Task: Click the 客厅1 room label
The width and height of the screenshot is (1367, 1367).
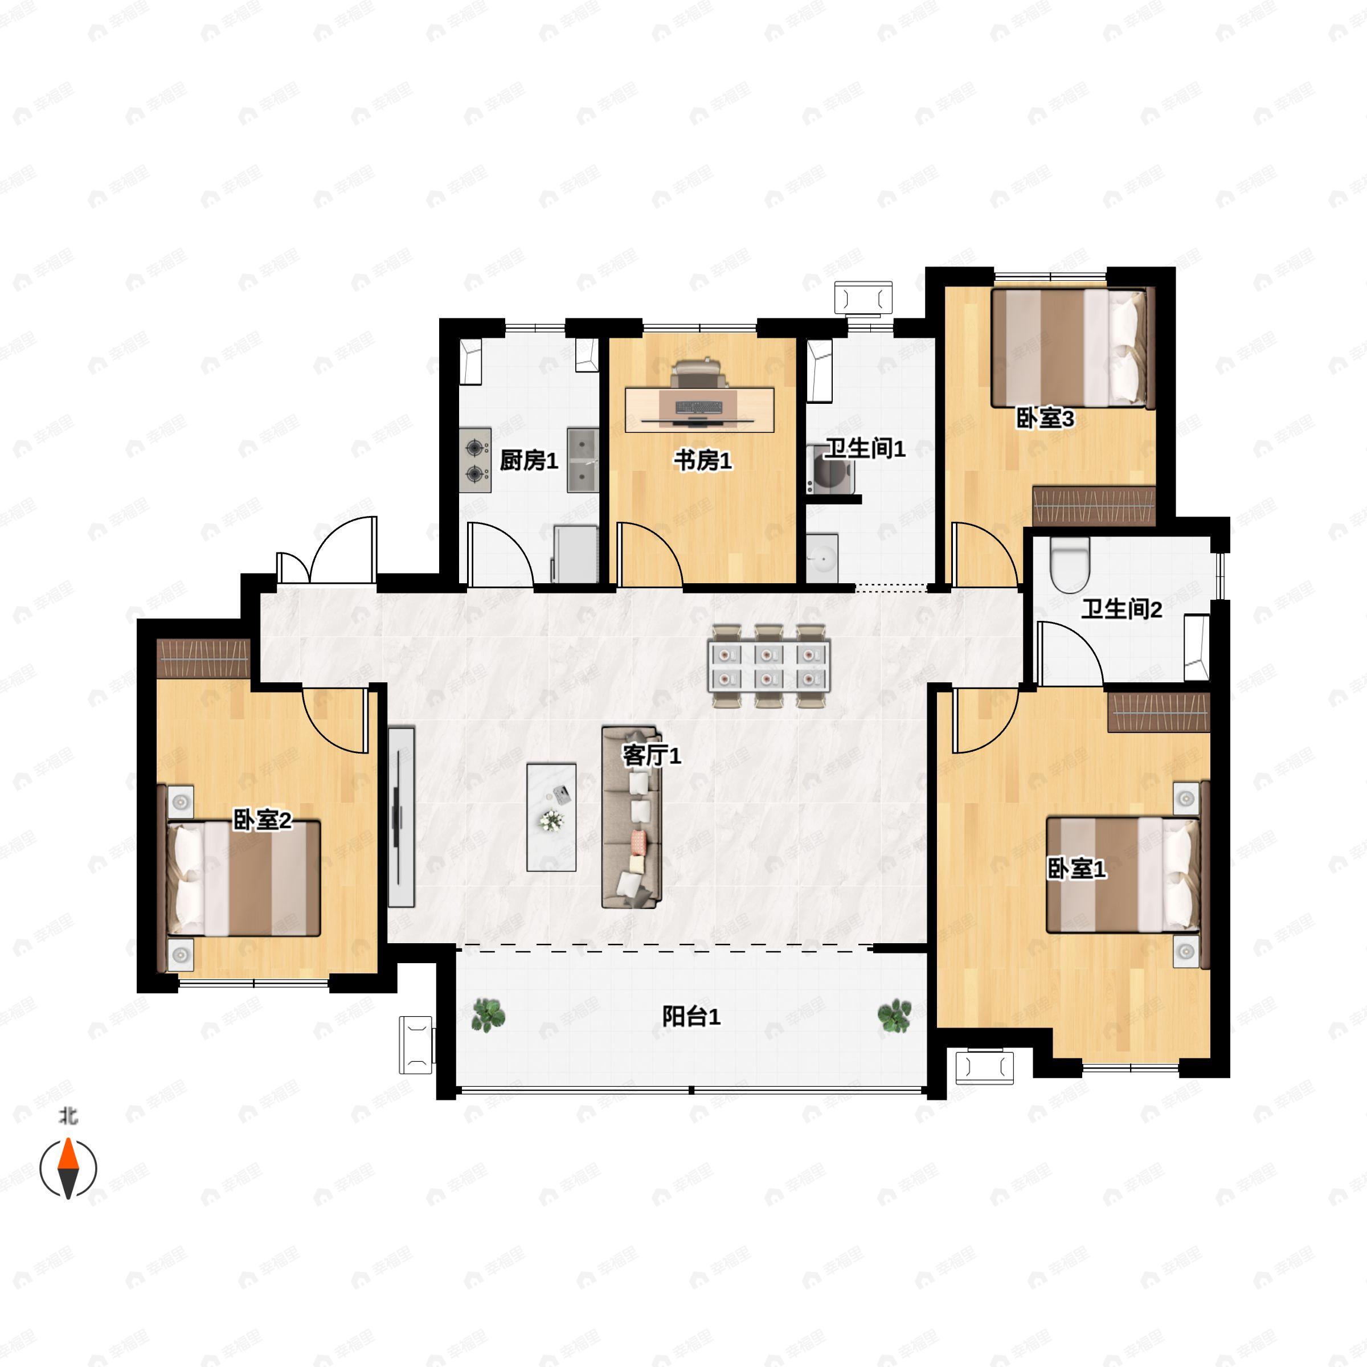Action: coord(651,756)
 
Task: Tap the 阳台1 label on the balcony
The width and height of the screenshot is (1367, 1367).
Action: coord(691,1017)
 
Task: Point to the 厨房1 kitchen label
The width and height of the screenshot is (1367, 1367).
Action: coord(529,461)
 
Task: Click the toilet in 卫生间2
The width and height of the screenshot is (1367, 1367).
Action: coord(1069,564)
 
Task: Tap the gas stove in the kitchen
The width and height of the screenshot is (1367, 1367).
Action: coord(475,460)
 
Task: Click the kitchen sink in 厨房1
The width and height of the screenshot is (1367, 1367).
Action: coord(582,460)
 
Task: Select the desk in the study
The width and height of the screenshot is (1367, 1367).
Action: coord(699,410)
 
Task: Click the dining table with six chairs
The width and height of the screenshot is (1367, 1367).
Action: coord(769,666)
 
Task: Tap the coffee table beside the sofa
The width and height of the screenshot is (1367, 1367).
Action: coord(551,817)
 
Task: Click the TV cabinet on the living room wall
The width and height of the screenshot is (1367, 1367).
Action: coord(400,817)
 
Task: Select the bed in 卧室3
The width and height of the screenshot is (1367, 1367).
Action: coord(1073,347)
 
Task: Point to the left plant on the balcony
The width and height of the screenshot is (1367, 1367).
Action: coord(488,1014)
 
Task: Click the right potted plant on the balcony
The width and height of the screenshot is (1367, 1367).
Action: coord(894,1016)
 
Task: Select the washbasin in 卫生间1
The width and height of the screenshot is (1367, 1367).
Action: coord(822,558)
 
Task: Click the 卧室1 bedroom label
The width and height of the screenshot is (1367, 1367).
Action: coord(1076,869)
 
